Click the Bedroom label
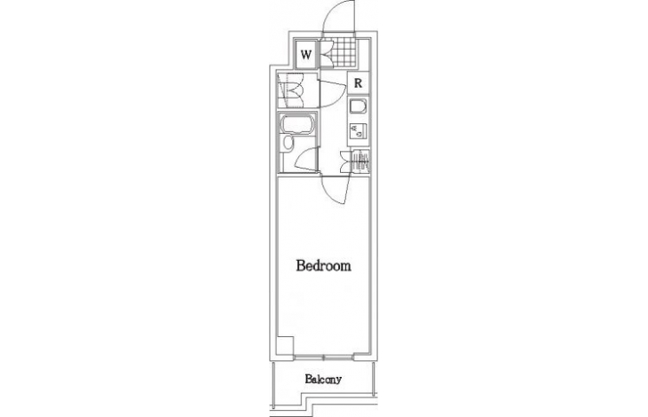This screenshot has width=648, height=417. coord(324,265)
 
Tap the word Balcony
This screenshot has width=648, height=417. coord(323,379)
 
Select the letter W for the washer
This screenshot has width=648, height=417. coord(306,54)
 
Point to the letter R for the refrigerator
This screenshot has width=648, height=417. coord(358,83)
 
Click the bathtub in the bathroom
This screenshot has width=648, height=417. coord(296,124)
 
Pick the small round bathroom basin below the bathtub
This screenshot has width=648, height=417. coord(288,142)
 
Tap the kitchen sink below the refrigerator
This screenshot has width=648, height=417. coord(357,107)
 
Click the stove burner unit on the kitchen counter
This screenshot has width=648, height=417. coord(357,131)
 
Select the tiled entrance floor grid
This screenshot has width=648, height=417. coord(344,53)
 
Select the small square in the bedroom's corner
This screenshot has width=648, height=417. coord(285,345)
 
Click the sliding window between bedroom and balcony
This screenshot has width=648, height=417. coord(324,357)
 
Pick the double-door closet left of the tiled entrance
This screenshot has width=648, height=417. coord(325,53)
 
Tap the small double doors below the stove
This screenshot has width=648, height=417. coord(345,161)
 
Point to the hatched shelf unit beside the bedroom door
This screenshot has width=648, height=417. coord(360,161)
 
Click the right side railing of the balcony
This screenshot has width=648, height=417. coord(374,377)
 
